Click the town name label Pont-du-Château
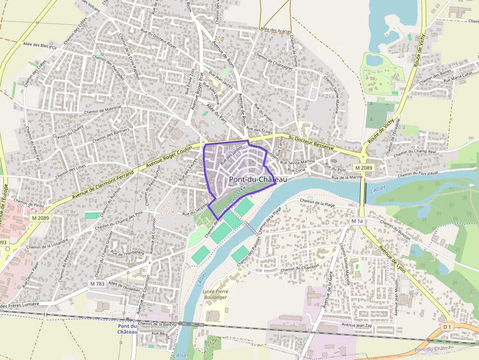(258, 179)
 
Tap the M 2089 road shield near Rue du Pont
(364, 168)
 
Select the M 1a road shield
(357, 221)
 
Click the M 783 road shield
(97, 284)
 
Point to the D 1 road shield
(447, 326)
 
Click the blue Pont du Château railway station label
(128, 329)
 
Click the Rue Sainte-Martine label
(301, 162)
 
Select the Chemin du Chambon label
(300, 268)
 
